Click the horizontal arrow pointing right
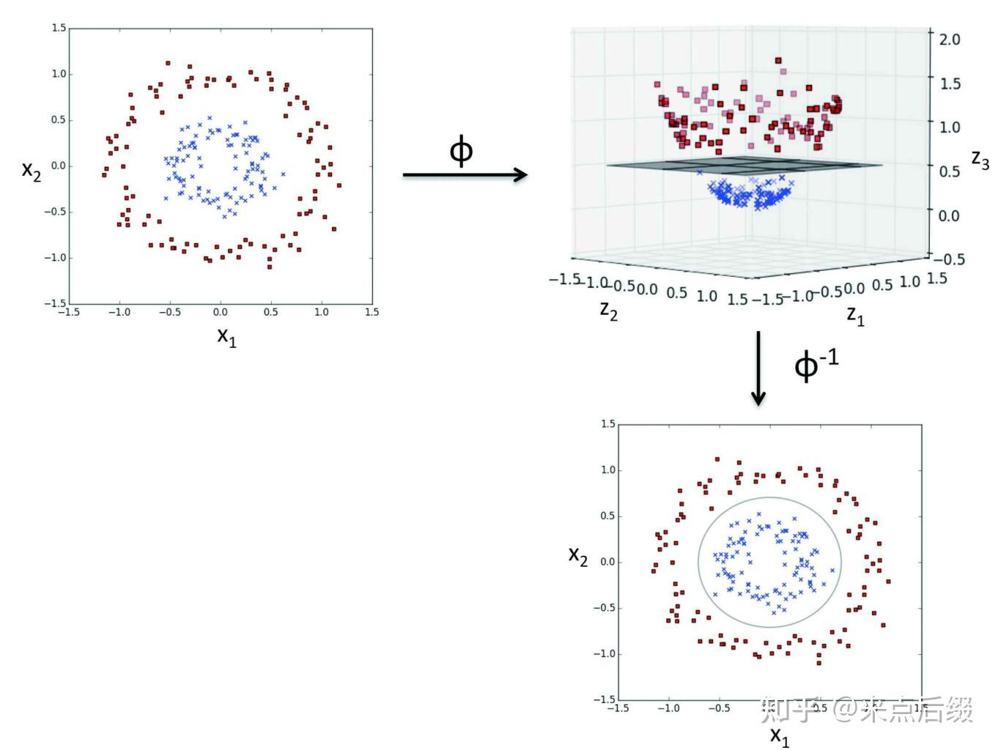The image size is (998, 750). (x=465, y=174)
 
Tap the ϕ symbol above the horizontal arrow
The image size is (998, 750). (x=461, y=151)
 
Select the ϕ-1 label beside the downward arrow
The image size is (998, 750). (x=816, y=363)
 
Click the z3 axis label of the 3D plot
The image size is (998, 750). (x=979, y=159)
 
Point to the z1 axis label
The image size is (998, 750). (x=855, y=315)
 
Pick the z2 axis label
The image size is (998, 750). (x=608, y=310)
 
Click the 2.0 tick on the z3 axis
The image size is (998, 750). (x=949, y=39)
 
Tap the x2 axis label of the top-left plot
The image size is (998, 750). (x=32, y=170)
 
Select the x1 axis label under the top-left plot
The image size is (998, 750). (x=226, y=336)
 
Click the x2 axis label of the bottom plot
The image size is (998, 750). (x=578, y=555)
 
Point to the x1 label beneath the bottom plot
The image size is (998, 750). (x=780, y=735)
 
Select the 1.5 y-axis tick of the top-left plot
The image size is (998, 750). (x=59, y=28)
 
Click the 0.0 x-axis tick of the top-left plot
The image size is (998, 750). (x=221, y=312)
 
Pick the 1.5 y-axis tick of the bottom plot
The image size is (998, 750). (x=607, y=424)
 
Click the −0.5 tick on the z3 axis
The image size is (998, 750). (x=950, y=259)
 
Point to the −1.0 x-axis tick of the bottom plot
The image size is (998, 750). (x=668, y=708)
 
